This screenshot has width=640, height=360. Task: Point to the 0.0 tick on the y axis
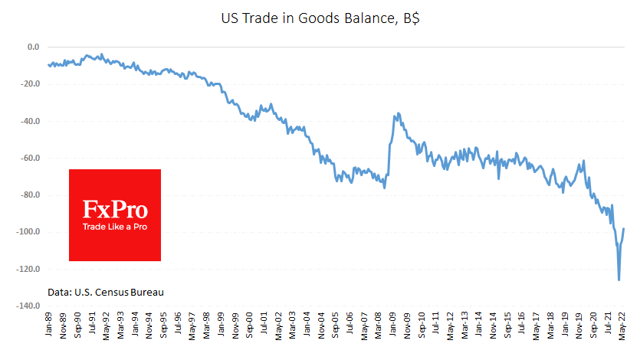coord(33,47)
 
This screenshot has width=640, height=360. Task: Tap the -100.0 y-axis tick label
coord(28,232)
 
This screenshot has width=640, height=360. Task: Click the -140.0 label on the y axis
coord(28,306)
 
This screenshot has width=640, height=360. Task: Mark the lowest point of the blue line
coord(619,280)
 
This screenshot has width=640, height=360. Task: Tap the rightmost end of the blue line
coord(624,228)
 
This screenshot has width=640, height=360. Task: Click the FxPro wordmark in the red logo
coord(115,209)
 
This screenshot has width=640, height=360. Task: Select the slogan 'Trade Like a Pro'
coord(115,227)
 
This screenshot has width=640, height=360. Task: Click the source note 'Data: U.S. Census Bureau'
coord(105,292)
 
